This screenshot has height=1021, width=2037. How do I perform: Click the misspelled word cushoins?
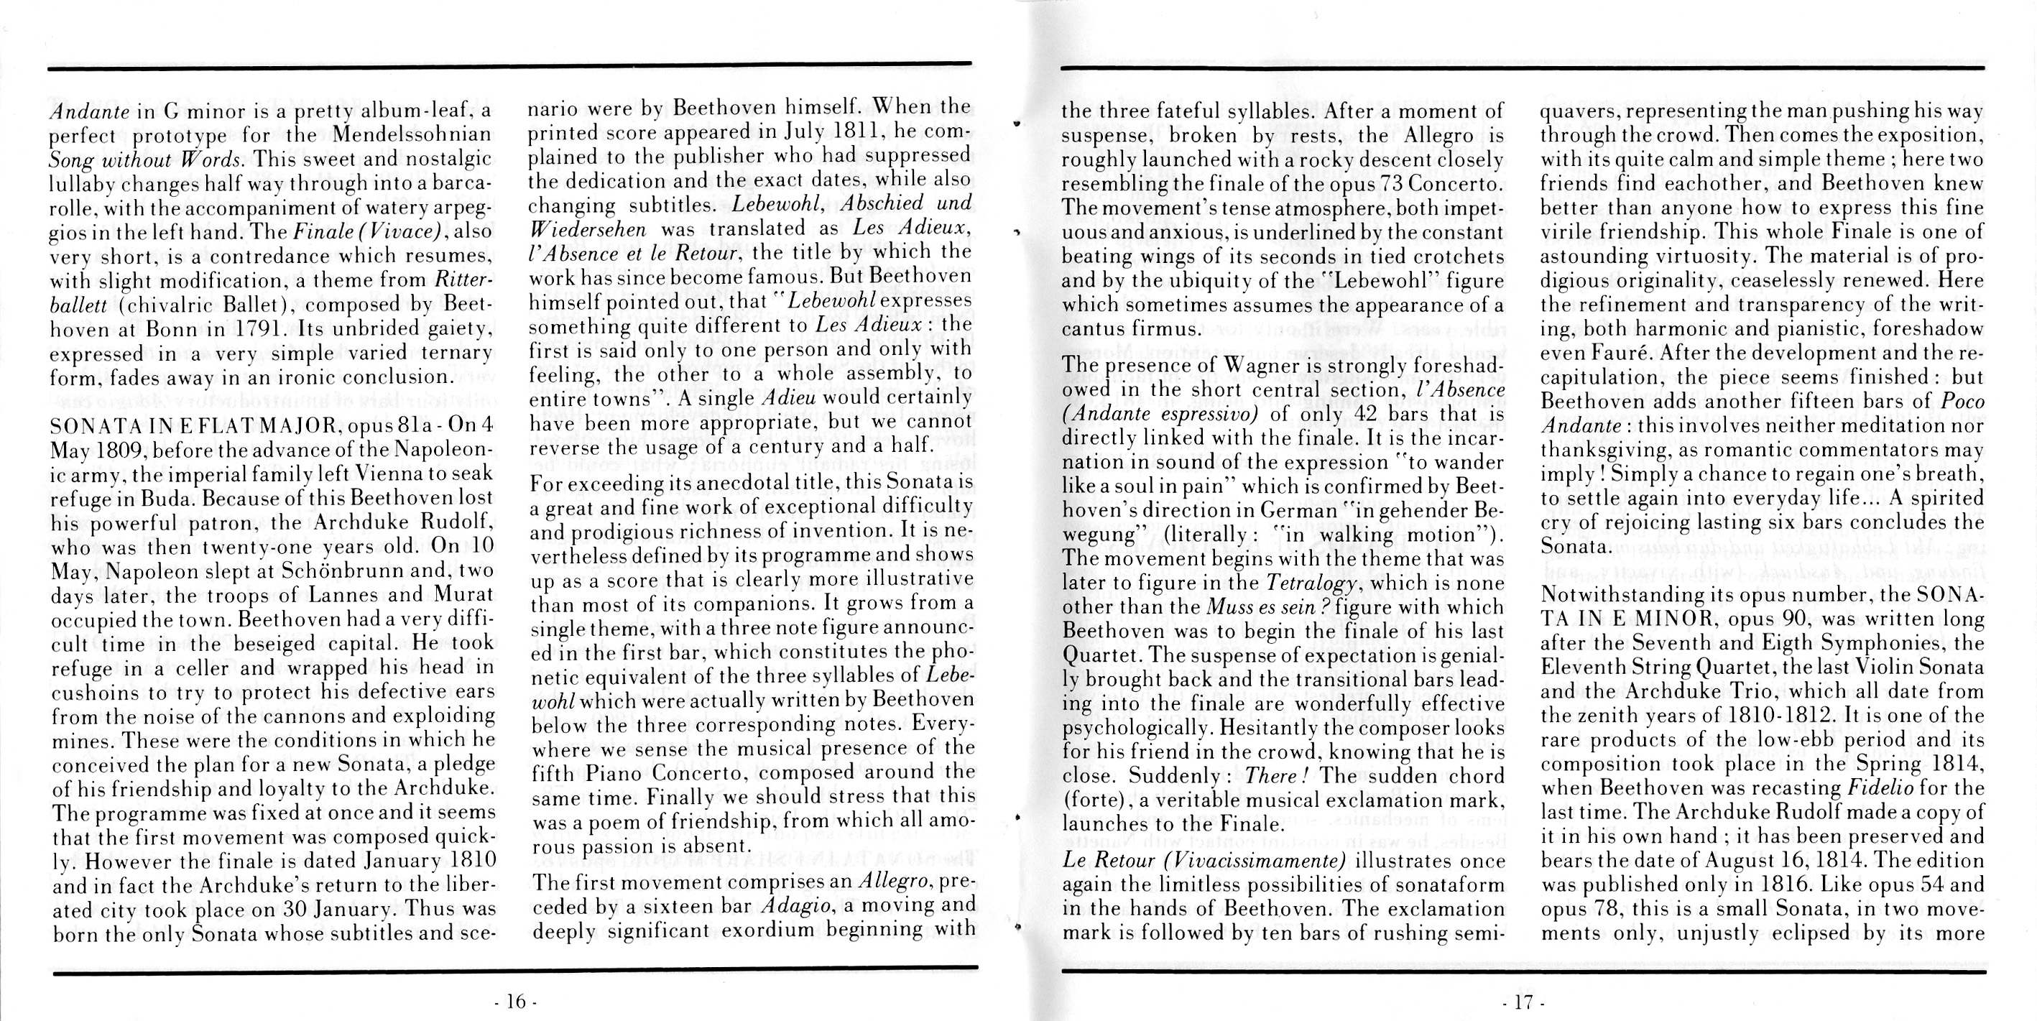tap(94, 692)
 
